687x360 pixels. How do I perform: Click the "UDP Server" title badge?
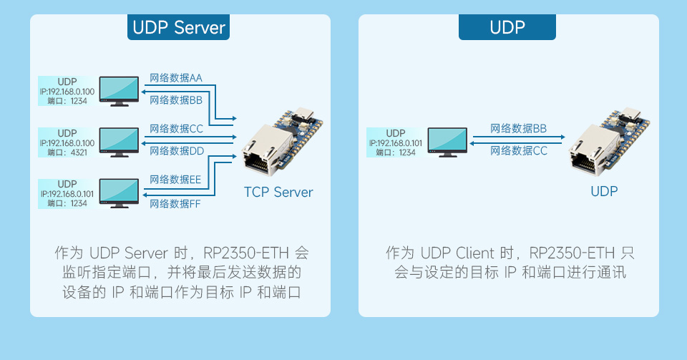pyautogui.click(x=179, y=28)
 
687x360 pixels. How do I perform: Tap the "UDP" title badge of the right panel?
pyautogui.click(x=507, y=28)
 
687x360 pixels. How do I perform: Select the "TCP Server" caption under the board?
pyautogui.click(x=278, y=192)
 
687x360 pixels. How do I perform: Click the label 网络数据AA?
pyautogui.click(x=175, y=78)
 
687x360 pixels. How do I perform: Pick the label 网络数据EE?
pyautogui.click(x=175, y=180)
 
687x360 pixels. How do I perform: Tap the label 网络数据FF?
pyautogui.click(x=175, y=204)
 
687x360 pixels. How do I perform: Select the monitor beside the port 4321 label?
pyautogui.click(x=119, y=141)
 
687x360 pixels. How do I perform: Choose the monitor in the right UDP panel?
pyautogui.click(x=447, y=142)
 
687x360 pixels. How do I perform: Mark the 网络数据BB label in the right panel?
pyautogui.click(x=519, y=129)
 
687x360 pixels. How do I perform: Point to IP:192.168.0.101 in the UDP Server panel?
pyautogui.click(x=67, y=194)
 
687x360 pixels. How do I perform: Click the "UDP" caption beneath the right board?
pyautogui.click(x=603, y=191)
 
